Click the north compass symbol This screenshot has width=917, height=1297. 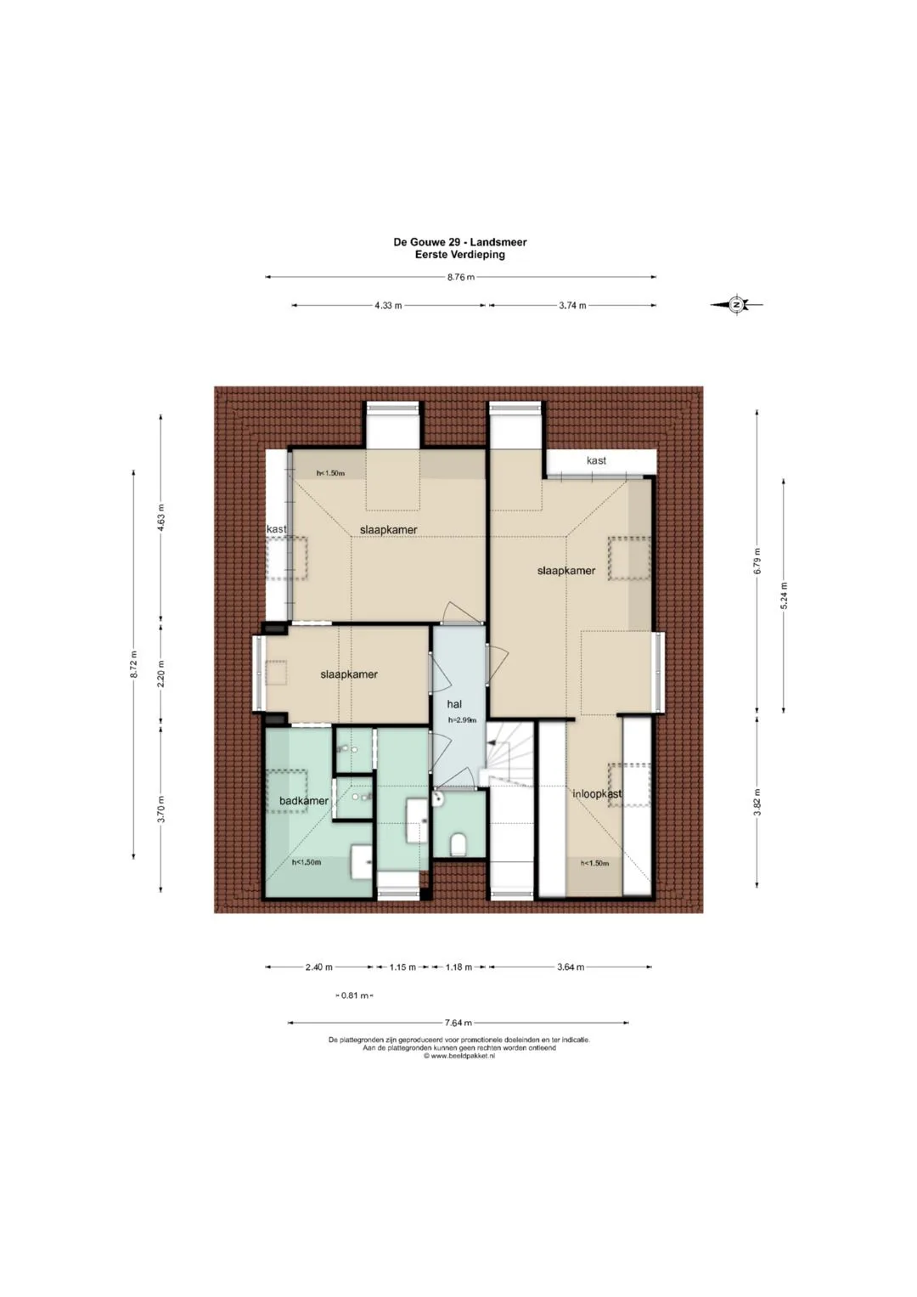[736, 304]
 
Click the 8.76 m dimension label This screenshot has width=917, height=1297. [461, 278]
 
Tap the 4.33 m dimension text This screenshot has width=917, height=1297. [388, 306]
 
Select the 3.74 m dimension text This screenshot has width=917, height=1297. [572, 306]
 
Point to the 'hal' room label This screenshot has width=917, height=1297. [454, 704]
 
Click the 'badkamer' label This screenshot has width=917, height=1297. [304, 801]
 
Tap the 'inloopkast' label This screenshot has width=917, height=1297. [597, 793]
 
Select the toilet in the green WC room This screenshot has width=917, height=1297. [458, 844]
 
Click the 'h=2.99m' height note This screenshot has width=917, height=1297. [462, 720]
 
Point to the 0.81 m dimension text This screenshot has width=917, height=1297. [355, 995]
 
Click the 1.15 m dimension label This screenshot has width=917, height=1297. [402, 967]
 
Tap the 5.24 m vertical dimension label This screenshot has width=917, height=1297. [784, 595]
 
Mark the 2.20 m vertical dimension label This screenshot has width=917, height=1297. [161, 674]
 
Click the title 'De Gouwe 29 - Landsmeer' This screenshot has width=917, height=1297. [459, 242]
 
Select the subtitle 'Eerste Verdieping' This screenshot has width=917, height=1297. [459, 254]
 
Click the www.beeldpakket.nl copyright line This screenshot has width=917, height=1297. [459, 1056]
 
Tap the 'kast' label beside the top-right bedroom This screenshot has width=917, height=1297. [596, 460]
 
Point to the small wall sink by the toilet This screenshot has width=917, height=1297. [437, 799]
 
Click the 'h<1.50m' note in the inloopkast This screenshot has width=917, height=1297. [594, 863]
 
